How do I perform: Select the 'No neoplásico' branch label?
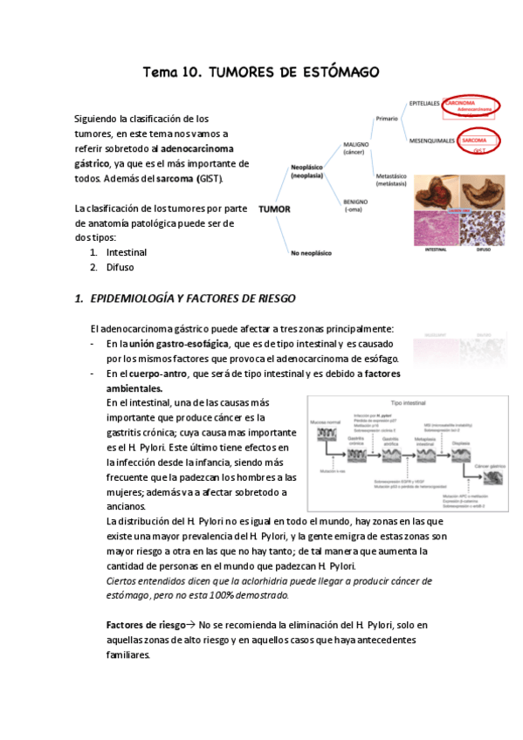[x=313, y=254]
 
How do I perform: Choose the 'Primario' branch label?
[x=387, y=117]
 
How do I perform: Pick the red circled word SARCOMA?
[x=475, y=140]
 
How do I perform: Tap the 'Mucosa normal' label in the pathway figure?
[x=326, y=419]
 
